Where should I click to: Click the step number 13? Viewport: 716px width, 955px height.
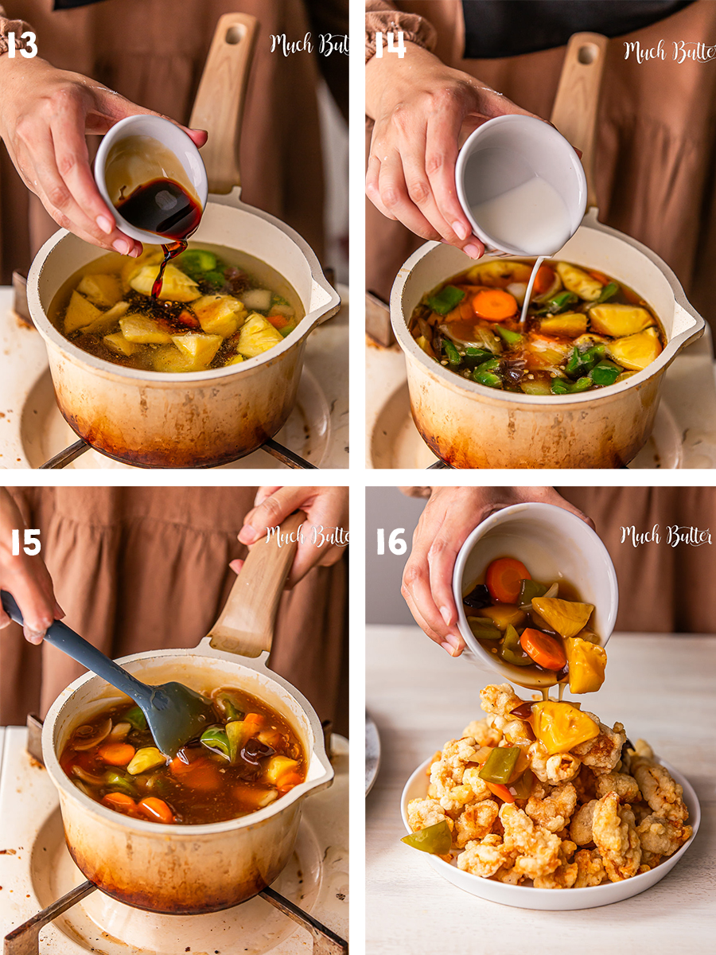[21, 45]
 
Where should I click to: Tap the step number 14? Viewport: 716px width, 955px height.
[390, 45]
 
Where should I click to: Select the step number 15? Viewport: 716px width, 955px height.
[26, 542]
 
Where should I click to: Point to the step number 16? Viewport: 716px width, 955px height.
[391, 542]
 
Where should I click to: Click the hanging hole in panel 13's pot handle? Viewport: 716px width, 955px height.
[235, 33]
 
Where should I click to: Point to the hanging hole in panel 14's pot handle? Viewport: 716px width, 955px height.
[587, 54]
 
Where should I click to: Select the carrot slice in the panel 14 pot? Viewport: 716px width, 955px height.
[494, 305]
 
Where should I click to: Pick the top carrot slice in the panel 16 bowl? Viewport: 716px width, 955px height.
[507, 579]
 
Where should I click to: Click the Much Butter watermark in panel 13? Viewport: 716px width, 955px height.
[309, 44]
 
